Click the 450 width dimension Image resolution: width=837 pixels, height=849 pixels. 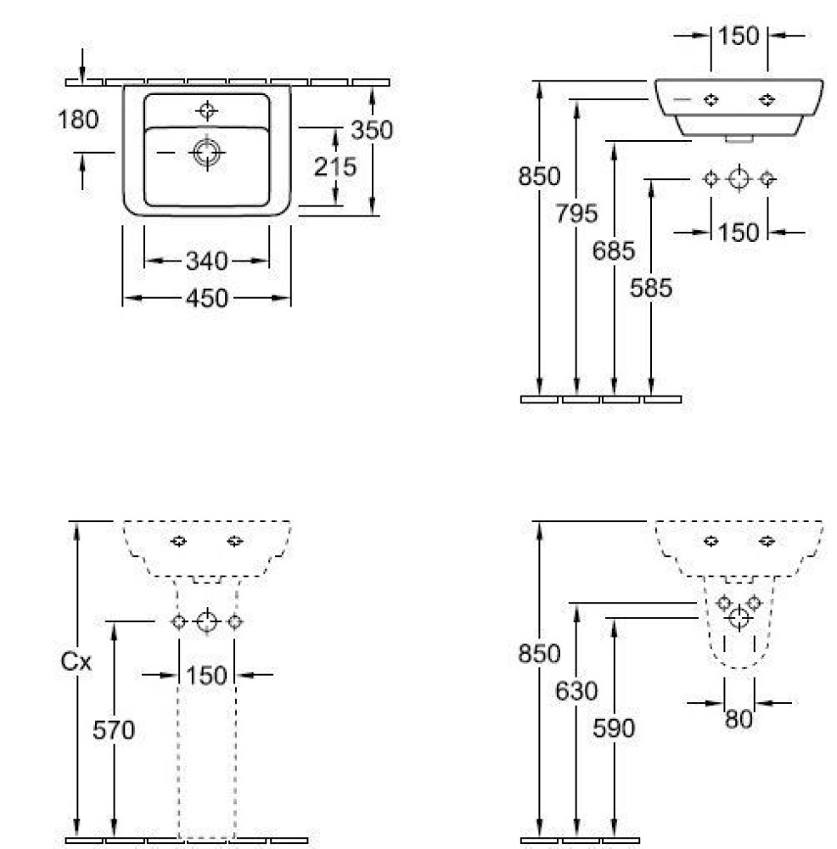(x=207, y=298)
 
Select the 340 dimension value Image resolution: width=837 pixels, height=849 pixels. (x=207, y=261)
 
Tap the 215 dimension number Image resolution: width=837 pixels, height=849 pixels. (x=335, y=166)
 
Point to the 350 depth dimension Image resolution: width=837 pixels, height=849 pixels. (x=372, y=130)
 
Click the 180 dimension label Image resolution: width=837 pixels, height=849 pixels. (x=78, y=120)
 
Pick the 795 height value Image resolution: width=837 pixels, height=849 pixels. (x=576, y=213)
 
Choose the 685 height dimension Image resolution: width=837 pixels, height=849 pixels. (x=614, y=250)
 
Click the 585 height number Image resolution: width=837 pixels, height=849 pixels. (x=651, y=288)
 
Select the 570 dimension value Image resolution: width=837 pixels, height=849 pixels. (x=113, y=730)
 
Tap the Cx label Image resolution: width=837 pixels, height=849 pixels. (x=76, y=661)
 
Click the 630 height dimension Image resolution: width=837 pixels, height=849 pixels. (x=576, y=691)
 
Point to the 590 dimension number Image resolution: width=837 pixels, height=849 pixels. (x=614, y=728)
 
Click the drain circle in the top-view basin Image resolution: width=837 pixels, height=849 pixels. (x=207, y=152)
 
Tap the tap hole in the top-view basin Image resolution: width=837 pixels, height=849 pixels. (x=207, y=110)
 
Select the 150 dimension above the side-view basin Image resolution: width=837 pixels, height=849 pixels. (x=739, y=37)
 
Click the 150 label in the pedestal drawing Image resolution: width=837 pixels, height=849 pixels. (x=206, y=676)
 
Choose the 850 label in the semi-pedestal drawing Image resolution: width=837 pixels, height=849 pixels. (x=539, y=654)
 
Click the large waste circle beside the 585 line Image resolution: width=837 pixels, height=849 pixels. (x=739, y=178)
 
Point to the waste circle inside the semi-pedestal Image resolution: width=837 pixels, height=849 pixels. (x=739, y=618)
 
